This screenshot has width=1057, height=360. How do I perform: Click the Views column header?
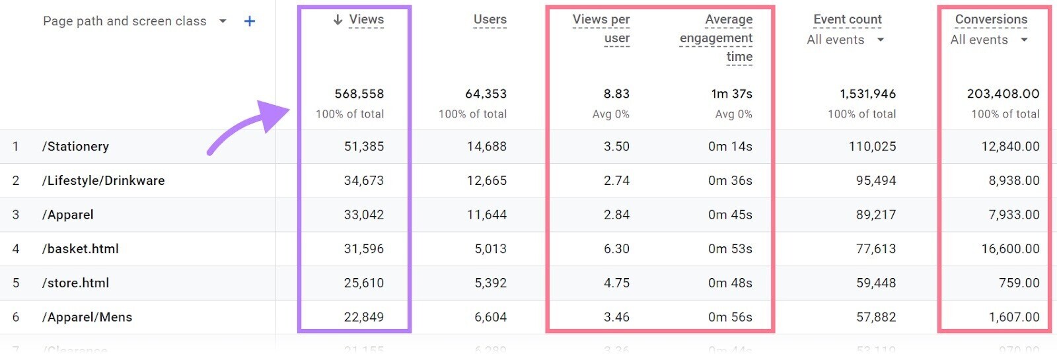point(366,20)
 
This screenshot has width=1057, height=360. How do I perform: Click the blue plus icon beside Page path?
point(250,21)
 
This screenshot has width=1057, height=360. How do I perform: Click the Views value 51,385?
point(363,147)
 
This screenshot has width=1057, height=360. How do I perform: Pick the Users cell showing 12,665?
point(486,181)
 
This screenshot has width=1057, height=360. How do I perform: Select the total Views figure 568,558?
point(359,94)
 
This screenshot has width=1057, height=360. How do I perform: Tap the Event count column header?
point(847,20)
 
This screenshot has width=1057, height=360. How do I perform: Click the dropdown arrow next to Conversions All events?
point(1024,40)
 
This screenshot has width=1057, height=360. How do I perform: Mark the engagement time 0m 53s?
point(730,249)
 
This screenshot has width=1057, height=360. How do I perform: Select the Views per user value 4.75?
point(616,283)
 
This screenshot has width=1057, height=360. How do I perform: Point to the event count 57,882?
point(876,318)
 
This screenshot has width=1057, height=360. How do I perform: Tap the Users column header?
point(490,20)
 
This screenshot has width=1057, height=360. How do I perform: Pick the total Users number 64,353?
point(486,94)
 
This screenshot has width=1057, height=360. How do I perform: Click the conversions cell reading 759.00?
point(1019,283)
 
